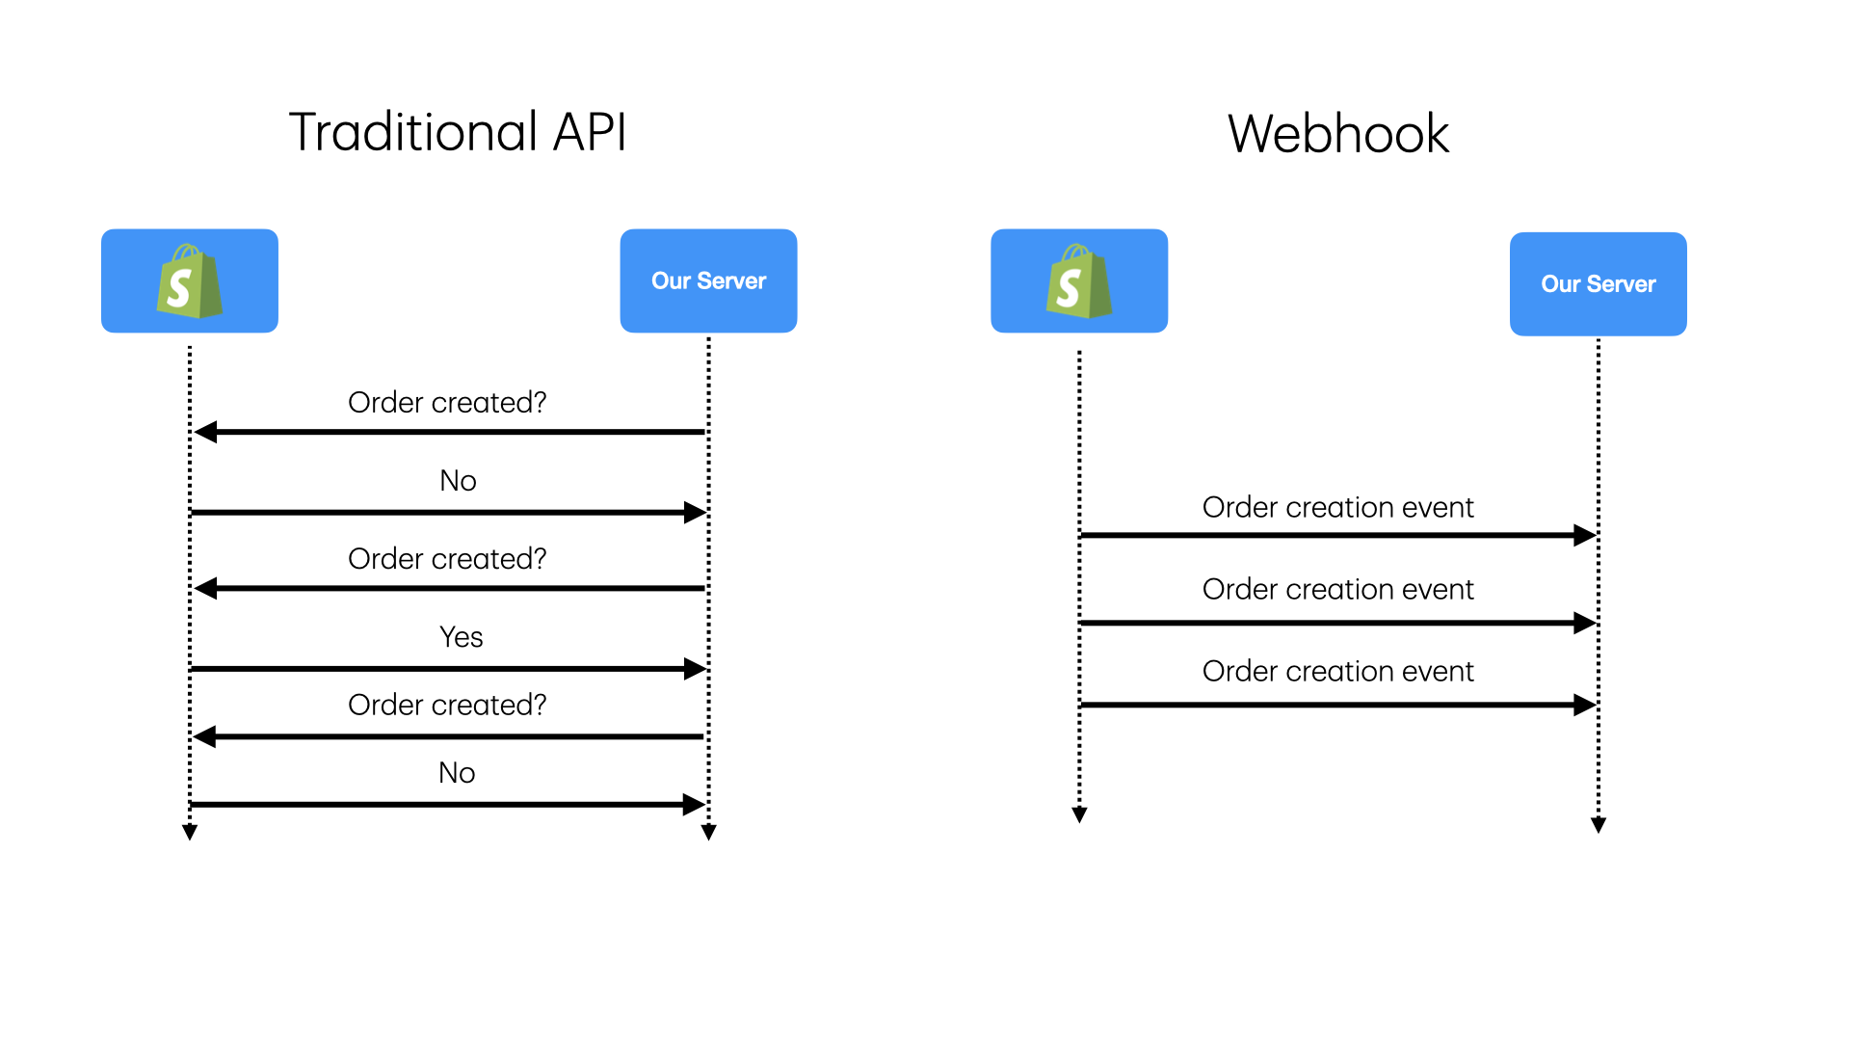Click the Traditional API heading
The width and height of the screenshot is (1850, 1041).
pyautogui.click(x=458, y=132)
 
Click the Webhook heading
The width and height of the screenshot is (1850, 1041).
pyautogui.click(x=1337, y=134)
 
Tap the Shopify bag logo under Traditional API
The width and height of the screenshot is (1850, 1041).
pyautogui.click(x=190, y=281)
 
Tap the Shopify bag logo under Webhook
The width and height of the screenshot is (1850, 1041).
pyautogui.click(x=1079, y=281)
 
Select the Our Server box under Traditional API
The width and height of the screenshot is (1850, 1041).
pyautogui.click(x=708, y=281)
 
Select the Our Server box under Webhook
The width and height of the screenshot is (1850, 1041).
pyautogui.click(x=1598, y=284)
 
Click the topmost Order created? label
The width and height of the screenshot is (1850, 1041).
pyautogui.click(x=447, y=403)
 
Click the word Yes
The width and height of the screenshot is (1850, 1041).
pyautogui.click(x=461, y=637)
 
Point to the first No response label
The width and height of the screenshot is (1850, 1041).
pyautogui.click(x=458, y=481)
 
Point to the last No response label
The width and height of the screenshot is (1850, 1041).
pyautogui.click(x=457, y=773)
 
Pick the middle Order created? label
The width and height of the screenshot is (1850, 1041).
pyautogui.click(x=447, y=559)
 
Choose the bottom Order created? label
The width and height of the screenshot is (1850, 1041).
pyautogui.click(x=447, y=706)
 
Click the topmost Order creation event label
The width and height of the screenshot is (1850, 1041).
pyautogui.click(x=1337, y=508)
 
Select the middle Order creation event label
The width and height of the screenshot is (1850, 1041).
pyautogui.click(x=1337, y=590)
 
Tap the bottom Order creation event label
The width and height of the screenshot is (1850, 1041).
pyautogui.click(x=1337, y=672)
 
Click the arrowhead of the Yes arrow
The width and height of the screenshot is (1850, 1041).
pyautogui.click(x=696, y=669)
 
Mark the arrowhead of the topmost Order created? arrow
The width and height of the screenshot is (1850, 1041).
pyautogui.click(x=205, y=432)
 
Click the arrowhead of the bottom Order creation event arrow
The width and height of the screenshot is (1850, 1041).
pyautogui.click(x=1585, y=706)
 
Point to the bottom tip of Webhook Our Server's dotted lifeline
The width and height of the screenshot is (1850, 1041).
pyautogui.click(x=1599, y=827)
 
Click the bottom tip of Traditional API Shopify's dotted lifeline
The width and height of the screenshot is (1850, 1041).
pyautogui.click(x=190, y=834)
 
